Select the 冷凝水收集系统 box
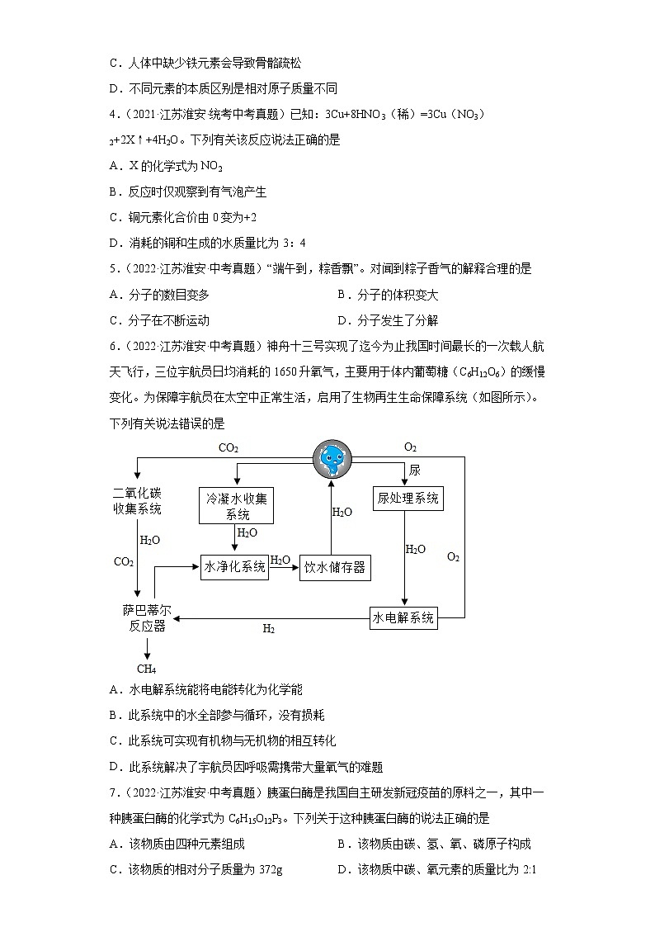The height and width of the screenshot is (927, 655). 237,505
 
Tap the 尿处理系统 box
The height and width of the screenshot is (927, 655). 408,498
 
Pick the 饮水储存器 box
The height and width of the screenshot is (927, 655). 334,567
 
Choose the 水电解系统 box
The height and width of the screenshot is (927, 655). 403,617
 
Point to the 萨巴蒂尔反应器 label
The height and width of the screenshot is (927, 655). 148,618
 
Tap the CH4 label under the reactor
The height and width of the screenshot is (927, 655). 146,669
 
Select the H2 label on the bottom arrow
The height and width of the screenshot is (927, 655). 268,629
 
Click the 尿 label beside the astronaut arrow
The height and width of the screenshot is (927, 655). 414,470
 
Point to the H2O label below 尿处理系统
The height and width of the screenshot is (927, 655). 415,549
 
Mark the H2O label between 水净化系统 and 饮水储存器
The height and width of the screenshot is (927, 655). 280,560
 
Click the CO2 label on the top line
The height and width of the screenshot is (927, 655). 229,448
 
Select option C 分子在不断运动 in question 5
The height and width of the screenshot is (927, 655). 159,320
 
